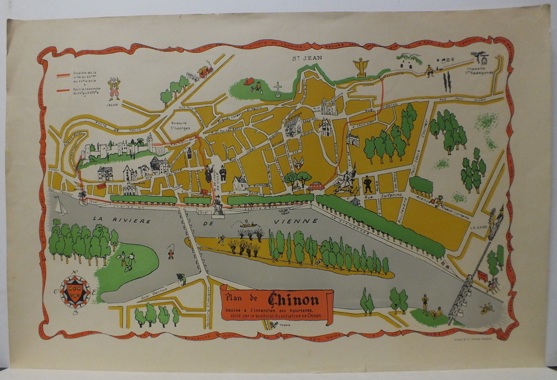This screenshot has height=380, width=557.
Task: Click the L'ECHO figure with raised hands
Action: click(x=114, y=88)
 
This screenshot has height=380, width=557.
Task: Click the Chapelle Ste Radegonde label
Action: click(x=479, y=72)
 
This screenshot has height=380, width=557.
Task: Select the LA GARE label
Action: click(x=479, y=228)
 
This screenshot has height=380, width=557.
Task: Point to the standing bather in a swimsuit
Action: click(x=425, y=303)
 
